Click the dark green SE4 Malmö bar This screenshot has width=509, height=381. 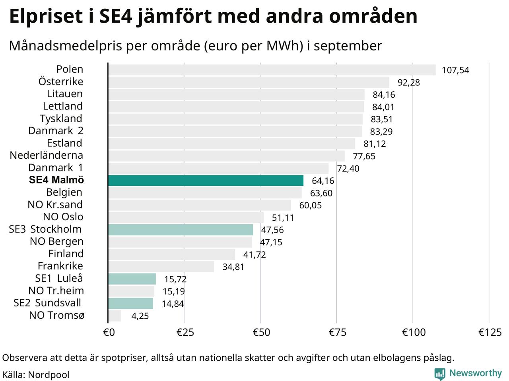206,181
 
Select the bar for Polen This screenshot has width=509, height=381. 272,70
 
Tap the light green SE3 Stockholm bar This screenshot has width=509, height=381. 181,230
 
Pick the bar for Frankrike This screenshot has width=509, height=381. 161,267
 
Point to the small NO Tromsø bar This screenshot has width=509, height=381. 115,316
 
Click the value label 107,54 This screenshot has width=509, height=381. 455,70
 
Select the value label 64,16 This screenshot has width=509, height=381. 323,181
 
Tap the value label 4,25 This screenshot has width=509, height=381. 140,316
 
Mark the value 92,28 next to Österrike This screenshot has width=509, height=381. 409,83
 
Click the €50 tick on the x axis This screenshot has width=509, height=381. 261,332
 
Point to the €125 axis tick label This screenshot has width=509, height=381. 490,332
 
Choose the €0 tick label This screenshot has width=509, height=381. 109,332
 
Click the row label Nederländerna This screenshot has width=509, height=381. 47,155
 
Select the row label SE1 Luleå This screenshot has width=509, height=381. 59,278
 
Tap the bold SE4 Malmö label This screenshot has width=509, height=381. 56,180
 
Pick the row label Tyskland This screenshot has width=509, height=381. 61,118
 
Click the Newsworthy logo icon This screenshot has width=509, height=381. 440,374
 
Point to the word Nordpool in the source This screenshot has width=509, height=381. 49,375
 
